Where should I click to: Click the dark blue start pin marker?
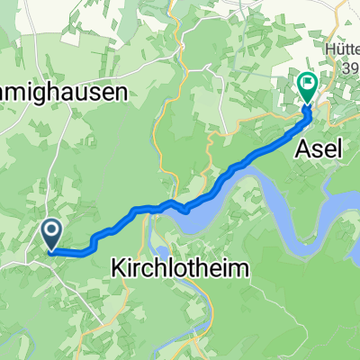pos(51,234)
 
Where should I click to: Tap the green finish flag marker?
pos(308,87)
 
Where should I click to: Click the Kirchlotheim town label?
pos(177,269)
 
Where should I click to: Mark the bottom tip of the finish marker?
pos(308,106)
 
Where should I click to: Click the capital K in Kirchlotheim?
pos(118,269)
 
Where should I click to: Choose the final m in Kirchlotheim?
pos(235,269)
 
